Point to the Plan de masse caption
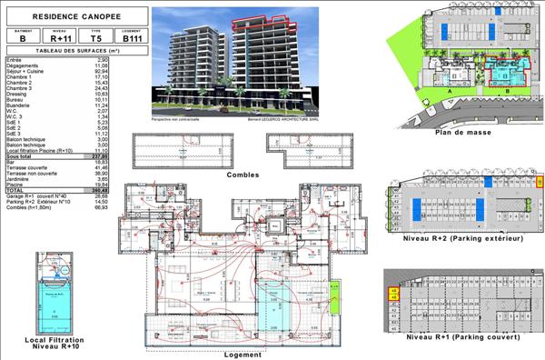tap(462, 132)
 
